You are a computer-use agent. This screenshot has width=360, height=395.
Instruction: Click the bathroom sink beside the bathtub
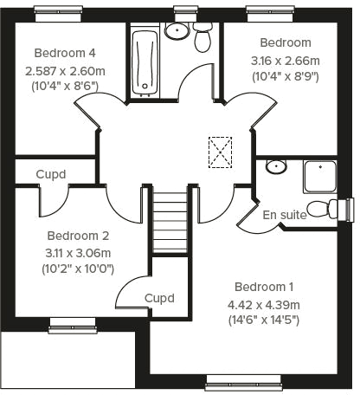point(177,31)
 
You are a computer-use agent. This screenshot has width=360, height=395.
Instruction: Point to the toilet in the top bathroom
point(203,38)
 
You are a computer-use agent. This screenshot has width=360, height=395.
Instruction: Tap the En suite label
point(284,215)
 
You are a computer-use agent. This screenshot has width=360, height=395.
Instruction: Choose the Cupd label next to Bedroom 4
point(51,173)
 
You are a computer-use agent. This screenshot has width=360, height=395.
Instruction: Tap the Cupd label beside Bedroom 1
point(159,298)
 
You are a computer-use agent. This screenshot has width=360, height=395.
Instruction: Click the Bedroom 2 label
point(78,235)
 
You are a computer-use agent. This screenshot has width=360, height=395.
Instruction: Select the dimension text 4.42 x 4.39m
point(263,304)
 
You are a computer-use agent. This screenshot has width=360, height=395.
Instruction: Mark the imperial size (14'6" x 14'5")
point(263,320)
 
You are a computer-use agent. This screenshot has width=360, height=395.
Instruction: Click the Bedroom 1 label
point(264,287)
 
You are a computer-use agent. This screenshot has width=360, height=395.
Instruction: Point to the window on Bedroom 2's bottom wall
point(72,323)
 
